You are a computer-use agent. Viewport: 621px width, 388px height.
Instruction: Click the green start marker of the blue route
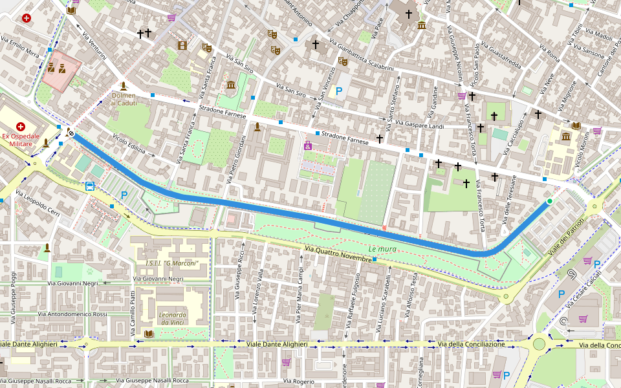click(x=549, y=202)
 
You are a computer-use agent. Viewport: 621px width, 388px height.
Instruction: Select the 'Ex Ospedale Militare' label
click(x=20, y=141)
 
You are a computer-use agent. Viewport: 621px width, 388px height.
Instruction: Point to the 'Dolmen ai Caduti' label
click(x=124, y=99)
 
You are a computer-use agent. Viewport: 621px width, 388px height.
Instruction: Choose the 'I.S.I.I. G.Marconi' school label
click(x=171, y=263)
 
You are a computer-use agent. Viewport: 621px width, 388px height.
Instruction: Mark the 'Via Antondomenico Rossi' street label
click(x=72, y=314)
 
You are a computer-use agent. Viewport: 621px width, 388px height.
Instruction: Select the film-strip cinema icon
click(x=182, y=45)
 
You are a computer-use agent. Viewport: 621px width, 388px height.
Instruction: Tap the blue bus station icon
click(x=89, y=187)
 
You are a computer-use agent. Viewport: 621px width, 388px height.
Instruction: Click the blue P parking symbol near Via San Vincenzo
click(x=338, y=92)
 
